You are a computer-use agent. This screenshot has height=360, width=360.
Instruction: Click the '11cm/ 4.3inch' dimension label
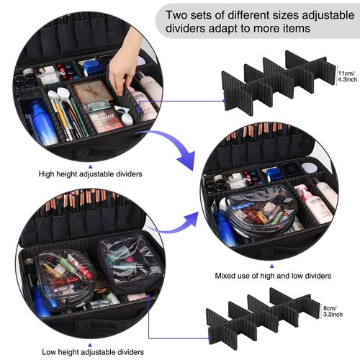pyautogui.click(x=344, y=76)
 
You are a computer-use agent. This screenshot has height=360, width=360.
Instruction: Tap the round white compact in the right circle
pyautogui.click(x=308, y=169)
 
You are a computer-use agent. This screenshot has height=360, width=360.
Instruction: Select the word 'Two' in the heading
pyautogui.click(x=179, y=14)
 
